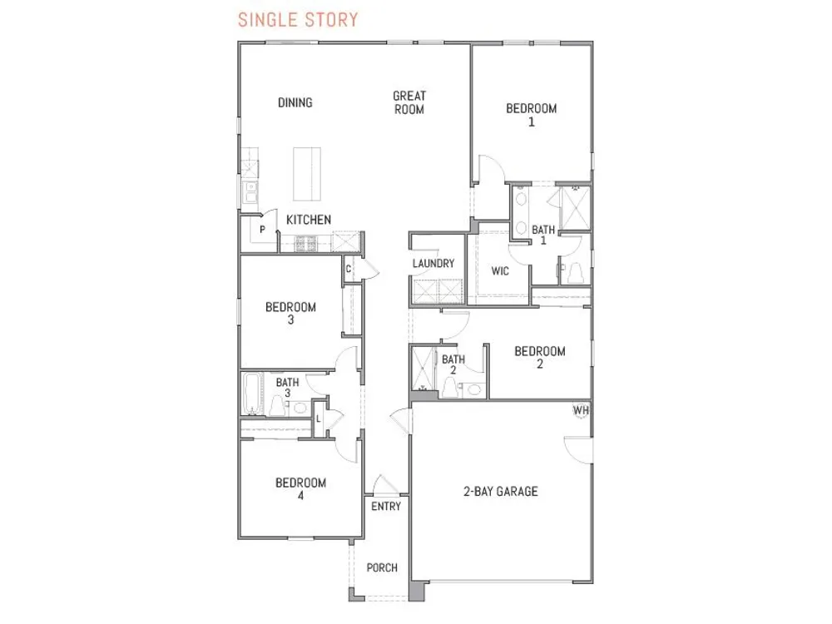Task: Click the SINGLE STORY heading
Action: pyautogui.click(x=298, y=20)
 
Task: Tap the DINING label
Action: pyautogui.click(x=295, y=102)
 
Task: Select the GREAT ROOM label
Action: pyautogui.click(x=409, y=102)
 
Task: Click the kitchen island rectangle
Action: pyautogui.click(x=307, y=174)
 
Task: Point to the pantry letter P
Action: pyautogui.click(x=262, y=230)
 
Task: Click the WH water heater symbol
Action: pyautogui.click(x=581, y=410)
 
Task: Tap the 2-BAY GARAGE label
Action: pyautogui.click(x=500, y=492)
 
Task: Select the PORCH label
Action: pyautogui.click(x=382, y=567)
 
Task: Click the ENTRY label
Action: pyautogui.click(x=386, y=507)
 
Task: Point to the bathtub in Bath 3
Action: pyautogui.click(x=252, y=394)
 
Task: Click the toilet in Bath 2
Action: pyautogui.click(x=449, y=388)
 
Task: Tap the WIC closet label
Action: pyautogui.click(x=500, y=271)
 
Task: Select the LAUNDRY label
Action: pyautogui.click(x=433, y=263)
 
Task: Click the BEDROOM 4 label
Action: pyautogui.click(x=300, y=488)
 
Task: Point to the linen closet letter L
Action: pyautogui.click(x=319, y=419)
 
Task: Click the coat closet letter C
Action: pyautogui.click(x=348, y=269)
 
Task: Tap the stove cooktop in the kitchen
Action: pyautogui.click(x=306, y=243)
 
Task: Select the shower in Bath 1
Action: pyautogui.click(x=575, y=207)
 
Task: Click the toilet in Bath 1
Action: pyautogui.click(x=575, y=273)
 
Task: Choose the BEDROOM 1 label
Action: pyautogui.click(x=531, y=115)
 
